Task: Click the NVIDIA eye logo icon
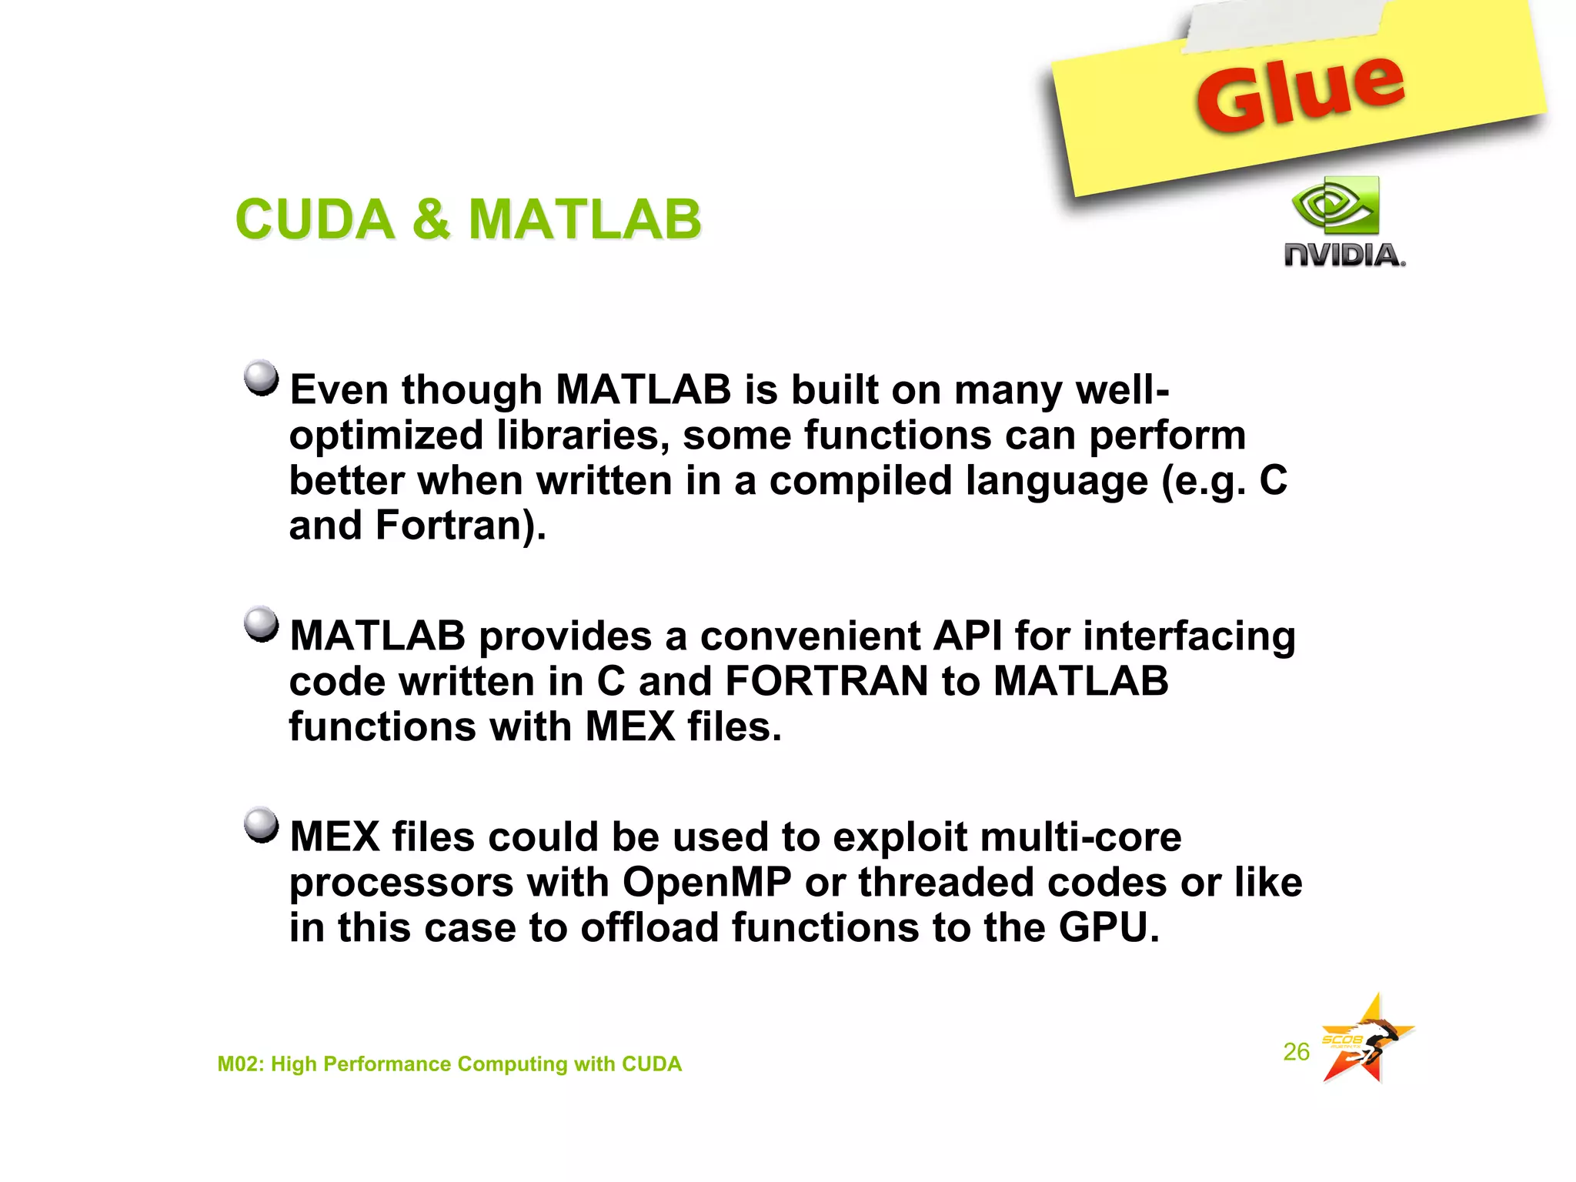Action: click(1337, 206)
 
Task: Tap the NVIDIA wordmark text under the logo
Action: click(1344, 255)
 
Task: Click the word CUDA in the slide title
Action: click(314, 219)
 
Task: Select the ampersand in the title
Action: click(431, 219)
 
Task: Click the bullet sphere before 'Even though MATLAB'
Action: click(261, 378)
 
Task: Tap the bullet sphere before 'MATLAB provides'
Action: click(261, 624)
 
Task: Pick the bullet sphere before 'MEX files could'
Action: click(261, 825)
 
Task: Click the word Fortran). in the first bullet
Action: click(460, 526)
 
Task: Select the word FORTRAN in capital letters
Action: click(826, 682)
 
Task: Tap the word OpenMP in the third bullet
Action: click(706, 882)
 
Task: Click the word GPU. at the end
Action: click(1108, 927)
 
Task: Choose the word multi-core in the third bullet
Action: click(1007, 836)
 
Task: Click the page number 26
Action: click(1296, 1051)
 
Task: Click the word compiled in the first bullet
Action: click(861, 481)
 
